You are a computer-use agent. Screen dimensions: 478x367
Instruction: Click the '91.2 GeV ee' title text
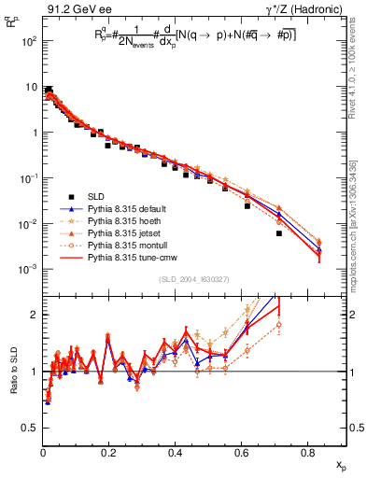click(x=74, y=8)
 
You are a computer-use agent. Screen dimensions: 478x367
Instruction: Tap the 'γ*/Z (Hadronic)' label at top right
click(x=313, y=8)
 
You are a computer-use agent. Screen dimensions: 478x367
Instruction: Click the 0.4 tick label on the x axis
click(x=176, y=451)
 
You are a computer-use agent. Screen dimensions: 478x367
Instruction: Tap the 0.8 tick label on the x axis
click(x=308, y=451)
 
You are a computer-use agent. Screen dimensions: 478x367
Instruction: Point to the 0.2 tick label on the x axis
click(x=109, y=451)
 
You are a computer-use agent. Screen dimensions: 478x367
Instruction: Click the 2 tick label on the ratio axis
click(x=35, y=315)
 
